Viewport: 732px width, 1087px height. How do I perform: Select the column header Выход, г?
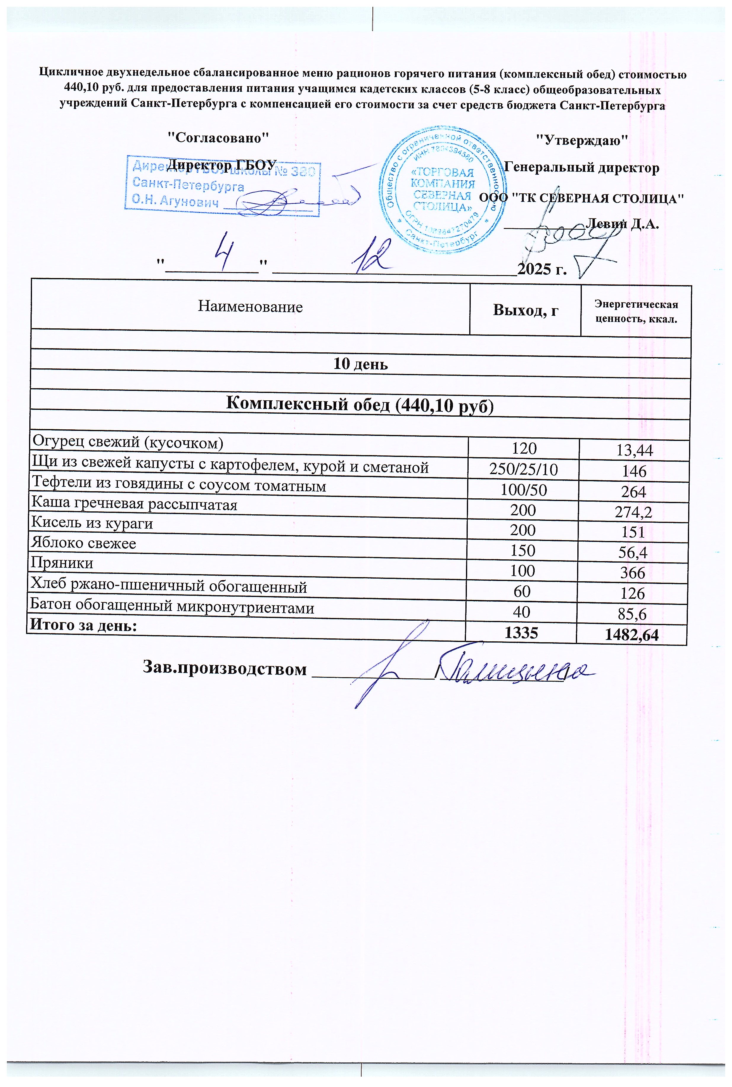click(525, 311)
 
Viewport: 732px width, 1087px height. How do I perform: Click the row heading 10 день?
click(360, 364)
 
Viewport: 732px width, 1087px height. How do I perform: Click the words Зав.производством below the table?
click(225, 669)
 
